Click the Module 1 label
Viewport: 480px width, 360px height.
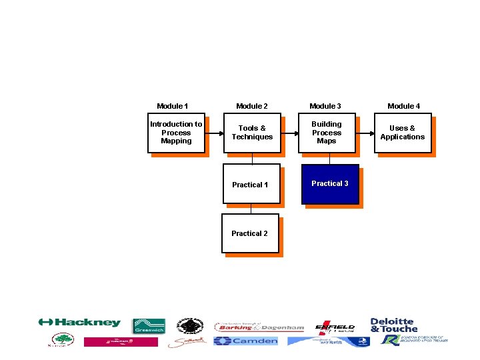pyautogui.click(x=172, y=106)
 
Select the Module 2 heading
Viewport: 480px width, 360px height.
pyautogui.click(x=252, y=106)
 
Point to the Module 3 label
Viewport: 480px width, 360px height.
pyautogui.click(x=325, y=106)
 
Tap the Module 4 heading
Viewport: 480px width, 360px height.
pyautogui.click(x=404, y=106)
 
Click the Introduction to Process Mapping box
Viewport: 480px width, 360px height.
pyautogui.click(x=176, y=133)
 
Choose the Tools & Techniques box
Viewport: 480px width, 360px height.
pyautogui.click(x=252, y=133)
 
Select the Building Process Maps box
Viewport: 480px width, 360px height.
pyautogui.click(x=327, y=133)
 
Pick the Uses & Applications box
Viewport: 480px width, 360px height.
pyautogui.click(x=403, y=133)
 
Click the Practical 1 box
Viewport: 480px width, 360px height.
pyautogui.click(x=251, y=184)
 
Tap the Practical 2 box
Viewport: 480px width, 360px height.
pyautogui.click(x=250, y=233)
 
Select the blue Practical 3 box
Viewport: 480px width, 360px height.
pyautogui.click(x=330, y=183)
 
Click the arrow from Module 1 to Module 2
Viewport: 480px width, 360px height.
pyautogui.click(x=213, y=133)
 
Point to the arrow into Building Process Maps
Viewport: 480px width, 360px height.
pyautogui.click(x=289, y=133)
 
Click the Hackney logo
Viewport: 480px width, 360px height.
pyautogui.click(x=79, y=323)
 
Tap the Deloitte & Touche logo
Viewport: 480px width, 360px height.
pyautogui.click(x=393, y=325)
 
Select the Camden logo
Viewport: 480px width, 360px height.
pyautogui.click(x=245, y=341)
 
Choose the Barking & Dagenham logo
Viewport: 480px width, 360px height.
pyautogui.click(x=259, y=327)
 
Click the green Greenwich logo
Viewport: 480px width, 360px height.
pyautogui.click(x=149, y=325)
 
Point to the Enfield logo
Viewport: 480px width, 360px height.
pyautogui.click(x=335, y=326)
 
